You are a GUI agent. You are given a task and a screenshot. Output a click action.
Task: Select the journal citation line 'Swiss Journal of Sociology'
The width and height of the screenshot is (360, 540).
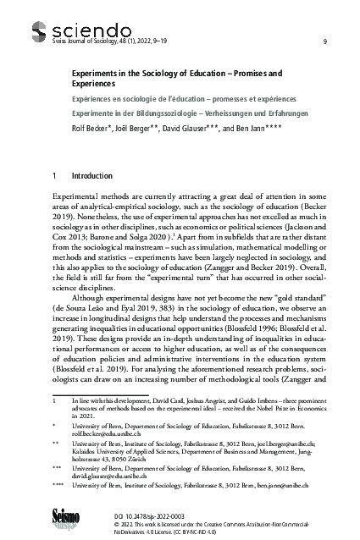click(x=86, y=41)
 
